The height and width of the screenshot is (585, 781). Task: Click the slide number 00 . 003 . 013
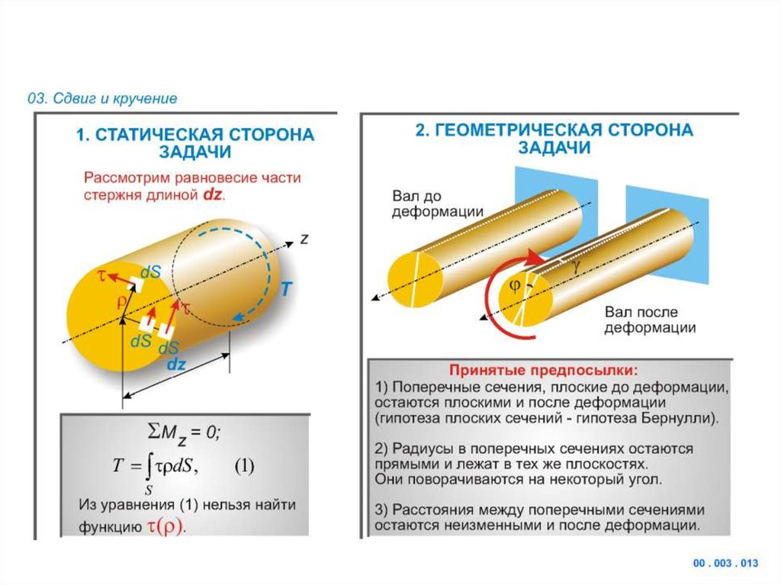pyautogui.click(x=725, y=564)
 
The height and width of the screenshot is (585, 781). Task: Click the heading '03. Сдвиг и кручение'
pyautogui.click(x=102, y=98)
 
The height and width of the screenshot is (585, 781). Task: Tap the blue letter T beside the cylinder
pyautogui.click(x=285, y=289)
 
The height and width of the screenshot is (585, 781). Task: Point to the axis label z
pyautogui.click(x=304, y=239)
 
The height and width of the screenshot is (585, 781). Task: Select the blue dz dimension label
pyautogui.click(x=176, y=365)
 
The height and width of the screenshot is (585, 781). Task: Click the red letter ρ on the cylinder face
pyautogui.click(x=121, y=301)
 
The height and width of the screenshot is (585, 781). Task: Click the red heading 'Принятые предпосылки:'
pyautogui.click(x=542, y=371)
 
